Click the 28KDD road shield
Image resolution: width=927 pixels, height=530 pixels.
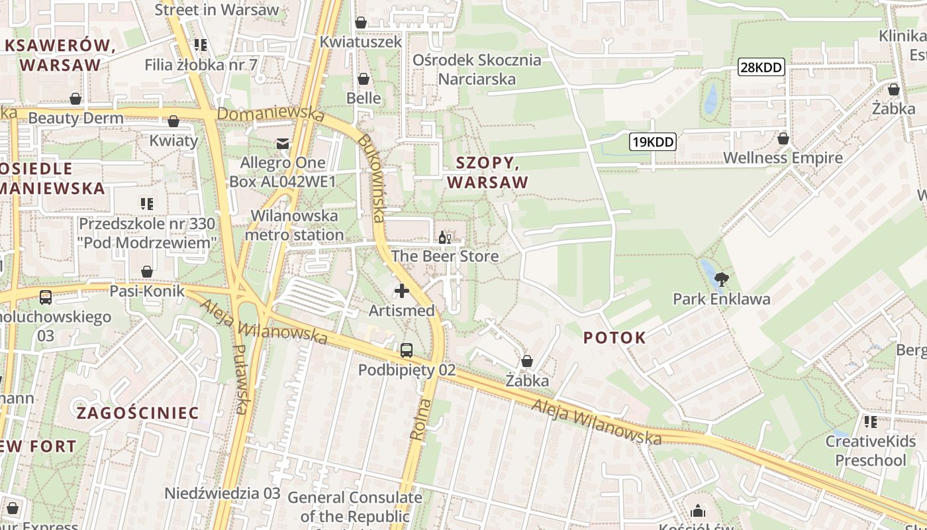pyautogui.click(x=761, y=67)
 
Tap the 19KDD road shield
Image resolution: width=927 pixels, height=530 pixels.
pyautogui.click(x=652, y=142)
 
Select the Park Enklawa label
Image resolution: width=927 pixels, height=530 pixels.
pyautogui.click(x=722, y=299)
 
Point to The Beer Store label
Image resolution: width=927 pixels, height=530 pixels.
pyautogui.click(x=445, y=256)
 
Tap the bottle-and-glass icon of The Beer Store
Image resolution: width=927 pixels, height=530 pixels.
pyautogui.click(x=445, y=238)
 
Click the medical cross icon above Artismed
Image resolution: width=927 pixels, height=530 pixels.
pyautogui.click(x=401, y=291)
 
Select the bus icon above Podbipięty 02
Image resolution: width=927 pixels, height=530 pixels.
pyautogui.click(x=407, y=350)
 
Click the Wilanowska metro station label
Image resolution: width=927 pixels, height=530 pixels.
pyautogui.click(x=294, y=225)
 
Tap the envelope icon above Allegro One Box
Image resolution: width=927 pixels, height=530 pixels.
pyautogui.click(x=283, y=143)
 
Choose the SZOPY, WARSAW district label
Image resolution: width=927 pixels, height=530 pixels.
pyautogui.click(x=488, y=172)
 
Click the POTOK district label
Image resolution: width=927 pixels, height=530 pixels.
pyautogui.click(x=614, y=338)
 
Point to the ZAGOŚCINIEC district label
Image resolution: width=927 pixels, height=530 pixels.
pyautogui.click(x=138, y=413)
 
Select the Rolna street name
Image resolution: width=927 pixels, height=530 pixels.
pyautogui.click(x=419, y=419)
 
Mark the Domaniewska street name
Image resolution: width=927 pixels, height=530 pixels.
pyautogui.click(x=271, y=114)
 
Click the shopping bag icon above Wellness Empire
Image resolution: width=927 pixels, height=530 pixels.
pyautogui.click(x=783, y=139)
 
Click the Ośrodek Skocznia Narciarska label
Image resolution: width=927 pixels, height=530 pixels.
pyautogui.click(x=477, y=70)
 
